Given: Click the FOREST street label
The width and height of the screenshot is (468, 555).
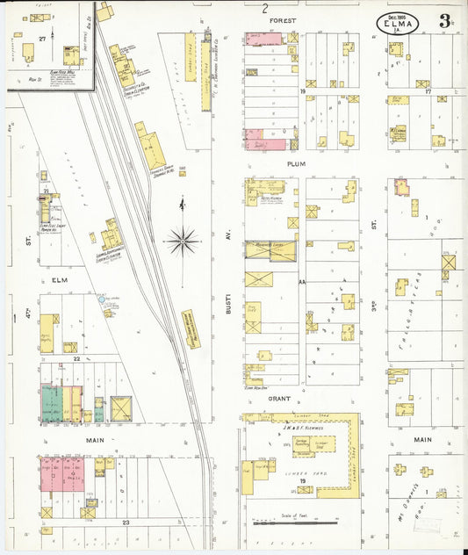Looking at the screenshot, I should [x=283, y=19].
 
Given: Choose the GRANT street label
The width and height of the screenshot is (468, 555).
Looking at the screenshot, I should [x=280, y=398].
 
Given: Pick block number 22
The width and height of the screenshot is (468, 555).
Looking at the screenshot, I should [x=77, y=358].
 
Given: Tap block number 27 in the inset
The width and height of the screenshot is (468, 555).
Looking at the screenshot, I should [x=41, y=40].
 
